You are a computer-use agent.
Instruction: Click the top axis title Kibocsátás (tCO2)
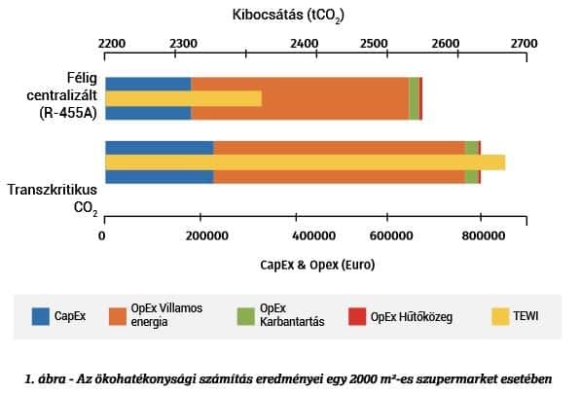288,15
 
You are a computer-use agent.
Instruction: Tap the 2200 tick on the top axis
112,44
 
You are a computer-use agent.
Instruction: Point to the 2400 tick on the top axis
304,44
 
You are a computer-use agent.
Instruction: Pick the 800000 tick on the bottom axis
481,235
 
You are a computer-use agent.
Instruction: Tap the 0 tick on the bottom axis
102,235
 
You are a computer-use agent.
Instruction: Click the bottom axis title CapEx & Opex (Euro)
317,264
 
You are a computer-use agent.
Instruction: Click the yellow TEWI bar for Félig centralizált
183,98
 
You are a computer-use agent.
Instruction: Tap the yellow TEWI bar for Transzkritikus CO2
305,162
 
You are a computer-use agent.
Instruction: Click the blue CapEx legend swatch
40,316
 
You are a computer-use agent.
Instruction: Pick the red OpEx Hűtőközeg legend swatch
357,316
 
